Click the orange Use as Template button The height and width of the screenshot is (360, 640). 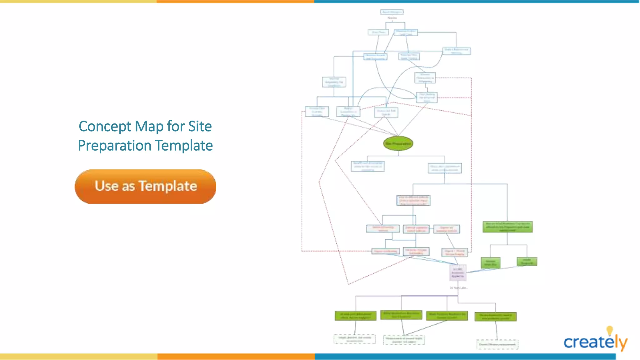145,187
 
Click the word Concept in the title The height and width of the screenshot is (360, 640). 105,127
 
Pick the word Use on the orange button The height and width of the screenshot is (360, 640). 107,186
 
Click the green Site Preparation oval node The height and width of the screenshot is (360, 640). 398,144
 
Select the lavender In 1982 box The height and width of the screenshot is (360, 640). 458,272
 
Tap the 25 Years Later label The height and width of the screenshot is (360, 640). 458,288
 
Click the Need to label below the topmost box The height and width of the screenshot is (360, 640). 392,18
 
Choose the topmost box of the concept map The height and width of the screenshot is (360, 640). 392,12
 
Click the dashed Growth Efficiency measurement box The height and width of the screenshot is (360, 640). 497,344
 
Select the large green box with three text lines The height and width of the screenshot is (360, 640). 507,227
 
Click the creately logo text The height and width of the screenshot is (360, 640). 589,342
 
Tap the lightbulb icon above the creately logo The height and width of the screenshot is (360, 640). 609,331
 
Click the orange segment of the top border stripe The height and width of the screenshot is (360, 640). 235,2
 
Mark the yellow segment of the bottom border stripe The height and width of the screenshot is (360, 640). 78,357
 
